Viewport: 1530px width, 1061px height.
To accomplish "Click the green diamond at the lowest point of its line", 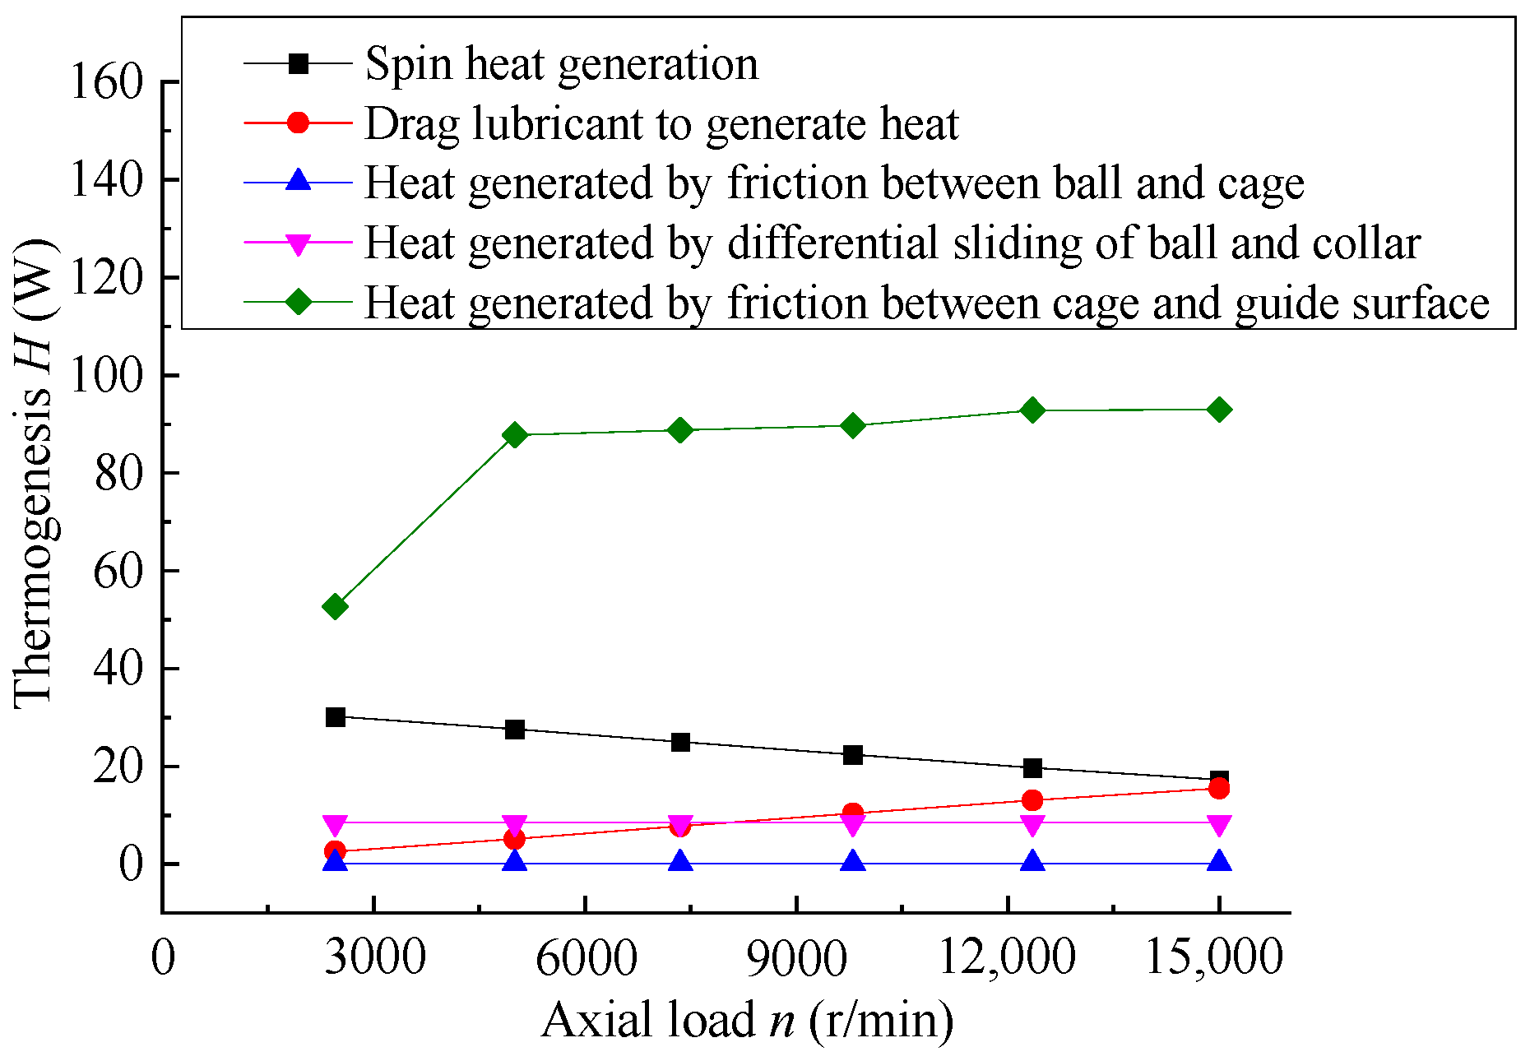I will click(x=335, y=607).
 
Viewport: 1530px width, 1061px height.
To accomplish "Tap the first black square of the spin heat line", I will click(x=335, y=717).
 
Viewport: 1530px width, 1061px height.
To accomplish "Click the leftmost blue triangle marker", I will click(x=335, y=861).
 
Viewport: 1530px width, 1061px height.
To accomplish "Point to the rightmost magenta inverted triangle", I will click(x=1219, y=825).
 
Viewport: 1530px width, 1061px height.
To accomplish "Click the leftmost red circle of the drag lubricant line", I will click(x=335, y=851).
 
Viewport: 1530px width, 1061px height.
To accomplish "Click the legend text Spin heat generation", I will click(x=561, y=64).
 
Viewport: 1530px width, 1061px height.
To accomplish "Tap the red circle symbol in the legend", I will click(x=298, y=123).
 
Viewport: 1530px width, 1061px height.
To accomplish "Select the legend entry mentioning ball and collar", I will click(x=892, y=243).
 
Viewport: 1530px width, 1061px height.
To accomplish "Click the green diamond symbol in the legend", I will click(x=298, y=303).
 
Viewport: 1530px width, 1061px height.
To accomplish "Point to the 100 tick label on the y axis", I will click(x=107, y=377).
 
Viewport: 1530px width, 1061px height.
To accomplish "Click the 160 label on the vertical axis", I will click(x=107, y=83).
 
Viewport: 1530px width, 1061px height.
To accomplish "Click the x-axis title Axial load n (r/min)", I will click(x=747, y=1021).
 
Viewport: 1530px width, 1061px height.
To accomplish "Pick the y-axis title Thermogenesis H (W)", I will click(x=35, y=473).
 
